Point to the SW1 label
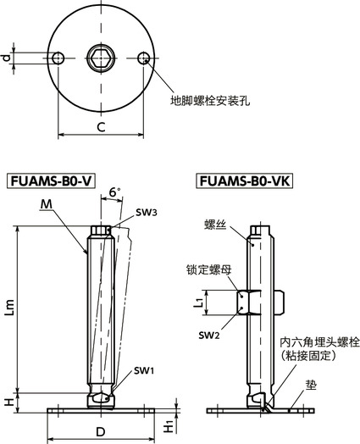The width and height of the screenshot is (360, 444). click(x=143, y=371)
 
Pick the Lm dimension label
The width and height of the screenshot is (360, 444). click(x=9, y=309)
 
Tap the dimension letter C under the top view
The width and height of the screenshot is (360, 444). click(x=100, y=127)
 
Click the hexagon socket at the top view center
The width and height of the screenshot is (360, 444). click(x=101, y=58)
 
